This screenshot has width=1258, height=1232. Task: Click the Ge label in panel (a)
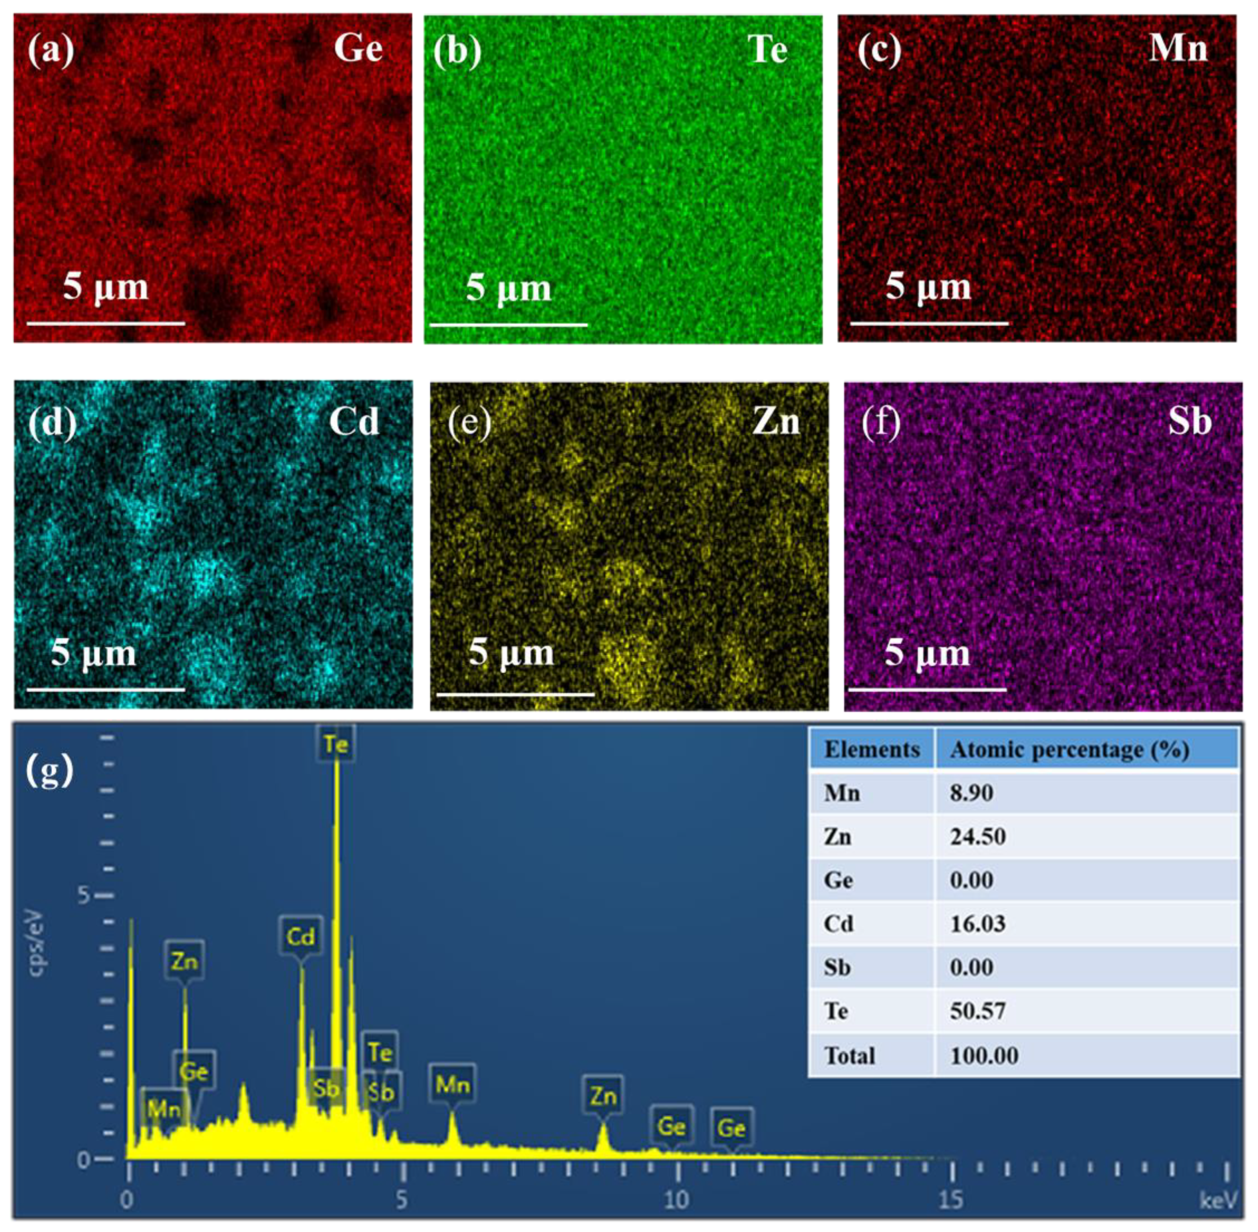358,49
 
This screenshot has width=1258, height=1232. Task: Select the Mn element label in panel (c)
1178,49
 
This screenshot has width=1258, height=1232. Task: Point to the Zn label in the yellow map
776,422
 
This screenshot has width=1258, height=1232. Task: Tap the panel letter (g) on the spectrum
50,771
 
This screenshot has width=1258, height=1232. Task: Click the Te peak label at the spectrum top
336,745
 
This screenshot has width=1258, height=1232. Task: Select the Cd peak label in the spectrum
301,936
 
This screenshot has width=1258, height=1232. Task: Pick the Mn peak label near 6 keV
452,1085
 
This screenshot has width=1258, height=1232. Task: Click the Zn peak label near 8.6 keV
603,1096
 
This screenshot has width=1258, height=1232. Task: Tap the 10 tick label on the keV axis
676,1200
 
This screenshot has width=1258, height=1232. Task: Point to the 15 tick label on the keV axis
951,1200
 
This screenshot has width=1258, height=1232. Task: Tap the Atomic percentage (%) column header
1069,750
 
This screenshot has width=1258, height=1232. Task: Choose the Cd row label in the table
838,923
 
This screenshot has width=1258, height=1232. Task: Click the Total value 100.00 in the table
983,1055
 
